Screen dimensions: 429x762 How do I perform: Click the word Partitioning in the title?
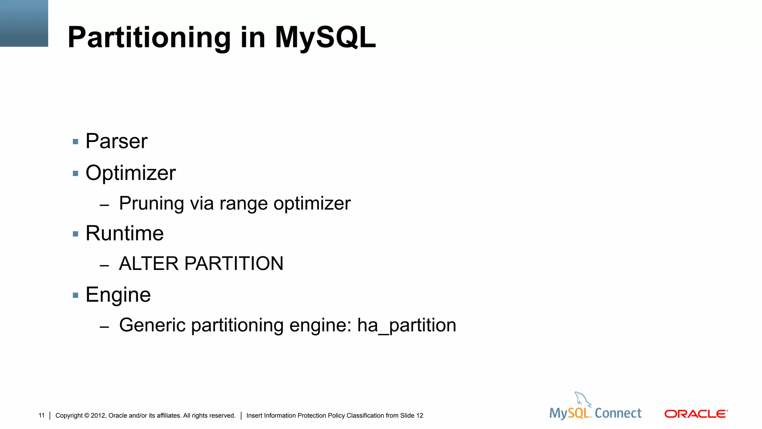click(x=149, y=38)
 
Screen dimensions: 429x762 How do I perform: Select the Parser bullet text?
click(x=116, y=141)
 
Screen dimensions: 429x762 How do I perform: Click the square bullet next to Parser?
click(x=76, y=142)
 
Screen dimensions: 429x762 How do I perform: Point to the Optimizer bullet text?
click(x=131, y=173)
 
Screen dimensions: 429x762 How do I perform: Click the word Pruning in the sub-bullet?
click(x=151, y=204)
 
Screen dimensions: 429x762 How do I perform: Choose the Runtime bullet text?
click(x=125, y=233)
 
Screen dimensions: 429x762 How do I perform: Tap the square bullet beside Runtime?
click(x=76, y=234)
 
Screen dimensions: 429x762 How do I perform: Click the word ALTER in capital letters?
click(x=149, y=264)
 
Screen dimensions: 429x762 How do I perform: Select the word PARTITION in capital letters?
click(x=234, y=264)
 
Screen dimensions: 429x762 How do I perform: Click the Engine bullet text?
click(x=118, y=295)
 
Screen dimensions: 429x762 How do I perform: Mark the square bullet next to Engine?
click(x=76, y=295)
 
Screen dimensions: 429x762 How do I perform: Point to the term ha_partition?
click(x=407, y=325)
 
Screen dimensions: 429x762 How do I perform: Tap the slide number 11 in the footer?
click(x=41, y=415)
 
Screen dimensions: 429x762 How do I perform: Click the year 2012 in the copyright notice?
click(x=98, y=416)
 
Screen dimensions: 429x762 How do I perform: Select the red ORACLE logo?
click(x=696, y=414)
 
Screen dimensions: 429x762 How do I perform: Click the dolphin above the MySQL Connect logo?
click(x=582, y=399)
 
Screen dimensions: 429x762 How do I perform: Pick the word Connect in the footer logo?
click(x=618, y=413)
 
